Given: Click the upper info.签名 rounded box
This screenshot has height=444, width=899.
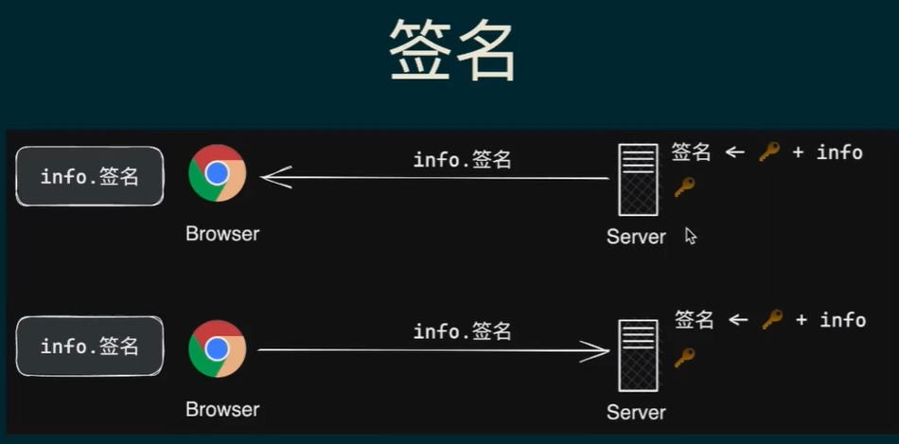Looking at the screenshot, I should click(90, 176).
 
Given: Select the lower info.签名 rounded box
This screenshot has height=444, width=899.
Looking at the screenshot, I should click(90, 346).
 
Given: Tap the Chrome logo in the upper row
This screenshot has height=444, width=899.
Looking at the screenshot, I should click(217, 173).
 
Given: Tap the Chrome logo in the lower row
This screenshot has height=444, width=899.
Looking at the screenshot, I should click(217, 348).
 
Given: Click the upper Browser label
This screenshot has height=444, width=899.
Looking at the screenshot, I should click(222, 233).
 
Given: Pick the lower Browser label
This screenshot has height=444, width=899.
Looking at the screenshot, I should click(222, 409).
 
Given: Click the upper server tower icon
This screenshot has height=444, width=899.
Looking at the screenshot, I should click(637, 180).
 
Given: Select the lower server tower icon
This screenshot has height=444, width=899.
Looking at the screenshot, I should click(637, 355).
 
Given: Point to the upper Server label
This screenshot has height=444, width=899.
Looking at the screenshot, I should click(636, 237).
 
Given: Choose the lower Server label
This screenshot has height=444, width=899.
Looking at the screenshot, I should click(636, 413).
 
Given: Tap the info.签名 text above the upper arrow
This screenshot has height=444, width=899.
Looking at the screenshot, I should click(463, 160).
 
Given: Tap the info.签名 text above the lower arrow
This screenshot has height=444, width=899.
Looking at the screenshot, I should click(463, 331).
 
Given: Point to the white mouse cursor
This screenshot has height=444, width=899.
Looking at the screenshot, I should click(690, 235).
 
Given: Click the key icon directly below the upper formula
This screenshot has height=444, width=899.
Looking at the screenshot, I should click(684, 187).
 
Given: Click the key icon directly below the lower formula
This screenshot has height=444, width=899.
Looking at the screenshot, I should click(684, 358).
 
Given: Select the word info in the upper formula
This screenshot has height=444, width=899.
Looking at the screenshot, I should click(839, 151).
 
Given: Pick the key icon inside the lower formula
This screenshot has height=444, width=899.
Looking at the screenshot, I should click(772, 320).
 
